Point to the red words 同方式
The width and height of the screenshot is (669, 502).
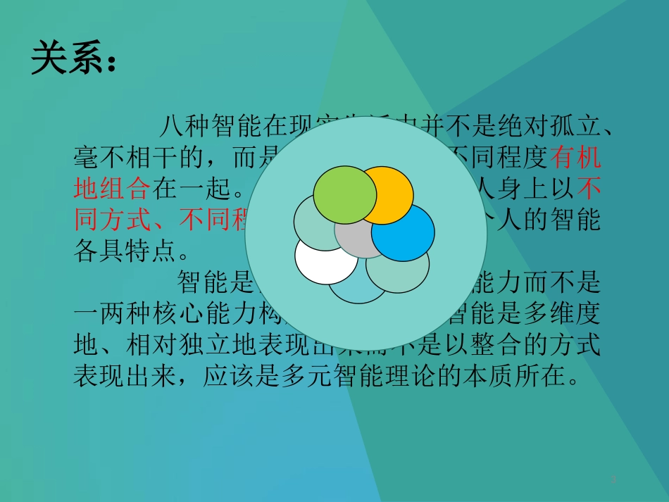point(112,220)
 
